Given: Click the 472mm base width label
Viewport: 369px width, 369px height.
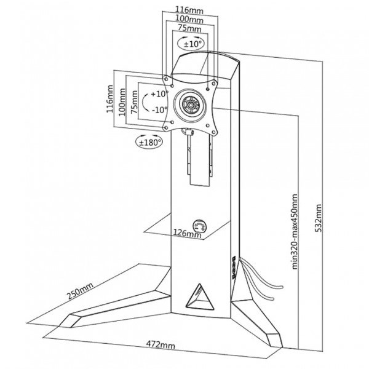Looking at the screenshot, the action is [161, 345].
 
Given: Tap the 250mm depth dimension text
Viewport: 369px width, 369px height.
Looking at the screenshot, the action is [80, 291].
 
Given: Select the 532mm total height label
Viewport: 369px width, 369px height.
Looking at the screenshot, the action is [319, 218].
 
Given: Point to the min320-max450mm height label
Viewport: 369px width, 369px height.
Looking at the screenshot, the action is [295, 232].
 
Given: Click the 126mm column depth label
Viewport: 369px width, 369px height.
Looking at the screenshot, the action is [188, 233].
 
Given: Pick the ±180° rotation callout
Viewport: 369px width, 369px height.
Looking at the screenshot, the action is [150, 142].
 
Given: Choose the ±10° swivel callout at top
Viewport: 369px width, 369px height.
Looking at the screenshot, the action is [191, 43].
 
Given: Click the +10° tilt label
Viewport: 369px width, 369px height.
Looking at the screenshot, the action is [159, 94].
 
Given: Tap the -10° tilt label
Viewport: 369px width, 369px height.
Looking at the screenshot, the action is [160, 109].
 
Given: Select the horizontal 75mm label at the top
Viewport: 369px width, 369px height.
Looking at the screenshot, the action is [189, 28].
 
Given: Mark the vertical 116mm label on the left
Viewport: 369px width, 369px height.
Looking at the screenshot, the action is [109, 99].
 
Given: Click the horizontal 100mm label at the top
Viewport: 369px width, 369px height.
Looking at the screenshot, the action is [189, 19].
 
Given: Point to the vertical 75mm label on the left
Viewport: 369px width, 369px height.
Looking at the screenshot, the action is [134, 102].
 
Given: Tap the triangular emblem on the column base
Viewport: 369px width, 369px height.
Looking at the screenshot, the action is [199, 297].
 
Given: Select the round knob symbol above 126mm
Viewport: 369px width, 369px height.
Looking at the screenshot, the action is [199, 226].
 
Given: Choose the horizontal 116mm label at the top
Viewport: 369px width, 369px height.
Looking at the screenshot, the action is [189, 10].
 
